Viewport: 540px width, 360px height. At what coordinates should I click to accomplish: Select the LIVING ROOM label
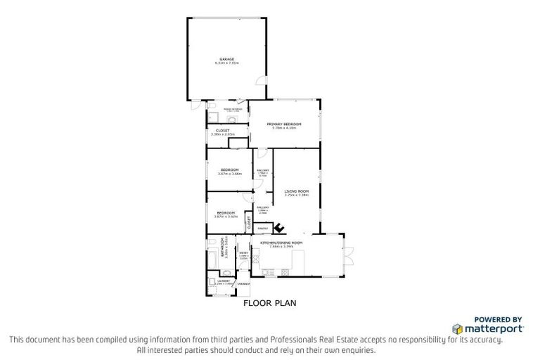point(296,191)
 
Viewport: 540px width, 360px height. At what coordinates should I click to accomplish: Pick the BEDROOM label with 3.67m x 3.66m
point(229,169)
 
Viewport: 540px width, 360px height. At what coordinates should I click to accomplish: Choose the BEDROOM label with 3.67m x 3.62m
point(225,212)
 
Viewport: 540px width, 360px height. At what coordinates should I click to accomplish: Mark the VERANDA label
point(243,283)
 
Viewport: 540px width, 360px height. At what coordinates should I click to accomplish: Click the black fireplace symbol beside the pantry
point(278,227)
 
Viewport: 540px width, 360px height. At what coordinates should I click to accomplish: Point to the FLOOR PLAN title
point(270,304)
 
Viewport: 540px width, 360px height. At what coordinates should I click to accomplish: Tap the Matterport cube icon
point(457,328)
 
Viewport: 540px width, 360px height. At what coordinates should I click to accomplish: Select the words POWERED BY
point(498,319)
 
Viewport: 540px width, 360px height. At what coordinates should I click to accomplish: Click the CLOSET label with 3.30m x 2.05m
point(222,131)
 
